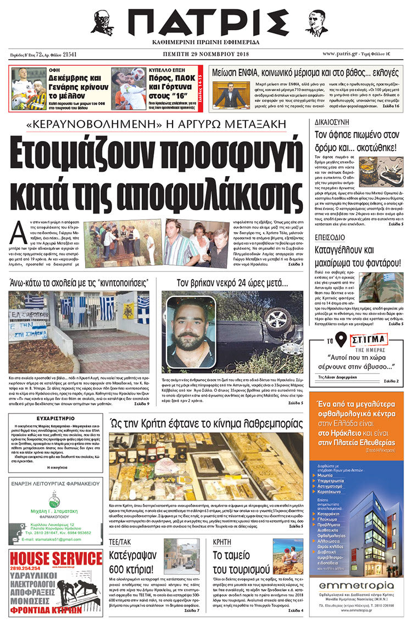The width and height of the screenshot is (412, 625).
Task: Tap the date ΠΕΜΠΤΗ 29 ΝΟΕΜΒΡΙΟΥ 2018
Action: pyautogui.click(x=206, y=54)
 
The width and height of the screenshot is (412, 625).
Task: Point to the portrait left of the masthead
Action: pyautogui.click(x=102, y=23)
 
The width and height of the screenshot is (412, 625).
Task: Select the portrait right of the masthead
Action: pyautogui.click(x=316, y=23)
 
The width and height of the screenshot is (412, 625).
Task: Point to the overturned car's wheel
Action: pyautogui.click(x=277, y=319)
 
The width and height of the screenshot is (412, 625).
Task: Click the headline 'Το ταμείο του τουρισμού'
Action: pyautogui.click(x=241, y=561)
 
